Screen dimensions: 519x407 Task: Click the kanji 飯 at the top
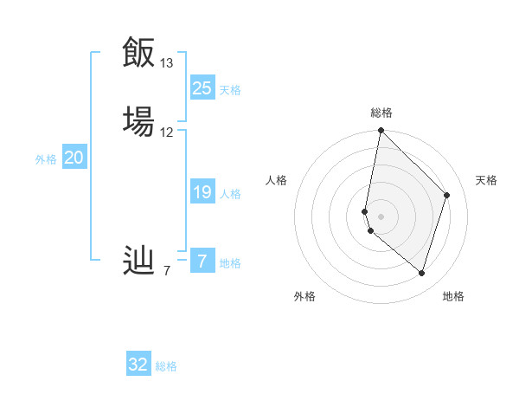pyautogui.click(x=138, y=53)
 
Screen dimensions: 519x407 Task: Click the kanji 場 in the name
pyautogui.click(x=138, y=120)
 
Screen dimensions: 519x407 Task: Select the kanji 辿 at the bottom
pyautogui.click(x=138, y=261)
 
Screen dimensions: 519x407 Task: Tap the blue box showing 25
pyautogui.click(x=202, y=87)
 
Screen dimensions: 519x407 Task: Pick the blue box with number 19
pyautogui.click(x=202, y=193)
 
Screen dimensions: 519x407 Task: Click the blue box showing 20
pyautogui.click(x=74, y=158)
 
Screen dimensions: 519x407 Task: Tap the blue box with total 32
pyautogui.click(x=138, y=365)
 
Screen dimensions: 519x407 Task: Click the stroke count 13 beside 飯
pyautogui.click(x=167, y=63)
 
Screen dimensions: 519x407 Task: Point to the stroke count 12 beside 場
pyautogui.click(x=167, y=132)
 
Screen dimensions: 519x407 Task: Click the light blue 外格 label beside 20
pyautogui.click(x=46, y=159)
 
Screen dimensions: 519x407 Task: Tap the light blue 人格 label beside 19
pyautogui.click(x=230, y=194)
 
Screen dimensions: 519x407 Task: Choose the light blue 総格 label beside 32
pyautogui.click(x=166, y=366)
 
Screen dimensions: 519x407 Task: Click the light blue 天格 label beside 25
pyautogui.click(x=230, y=89)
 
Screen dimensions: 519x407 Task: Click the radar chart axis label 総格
pyautogui.click(x=381, y=113)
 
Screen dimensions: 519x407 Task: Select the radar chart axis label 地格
pyautogui.click(x=453, y=296)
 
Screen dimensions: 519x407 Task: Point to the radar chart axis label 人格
pyautogui.click(x=276, y=180)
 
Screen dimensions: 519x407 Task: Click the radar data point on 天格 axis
pyautogui.click(x=447, y=195)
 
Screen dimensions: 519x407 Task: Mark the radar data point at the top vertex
pyautogui.click(x=381, y=131)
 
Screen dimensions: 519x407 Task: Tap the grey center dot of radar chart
pyautogui.click(x=381, y=216)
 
